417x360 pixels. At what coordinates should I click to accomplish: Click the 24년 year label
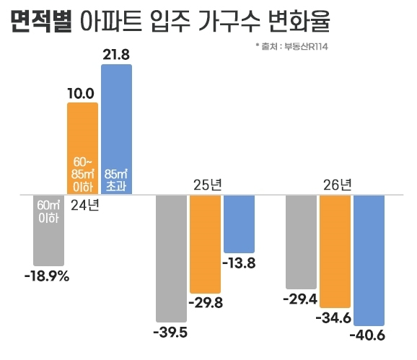85,205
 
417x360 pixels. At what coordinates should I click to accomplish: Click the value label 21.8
116,53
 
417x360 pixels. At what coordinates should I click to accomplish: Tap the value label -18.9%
46,275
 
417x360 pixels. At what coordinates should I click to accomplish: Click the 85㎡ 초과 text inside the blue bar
116,179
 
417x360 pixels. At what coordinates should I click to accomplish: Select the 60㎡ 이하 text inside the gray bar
48,211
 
